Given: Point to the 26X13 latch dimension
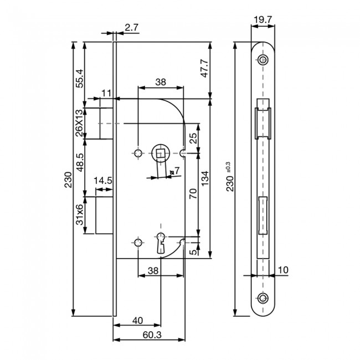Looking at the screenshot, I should [x=79, y=123].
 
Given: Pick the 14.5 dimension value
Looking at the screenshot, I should [x=104, y=181].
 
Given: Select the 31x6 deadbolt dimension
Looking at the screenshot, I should [x=79, y=214].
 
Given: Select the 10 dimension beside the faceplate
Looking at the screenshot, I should [x=282, y=270].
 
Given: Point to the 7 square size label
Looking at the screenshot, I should [x=177, y=170].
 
